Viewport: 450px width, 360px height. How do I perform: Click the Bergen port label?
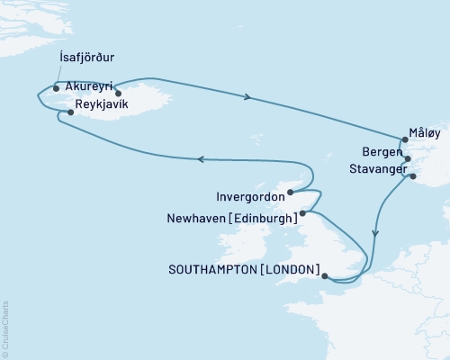point(381,153)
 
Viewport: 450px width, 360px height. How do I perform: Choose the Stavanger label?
point(373,168)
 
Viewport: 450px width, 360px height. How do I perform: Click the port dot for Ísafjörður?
point(57,88)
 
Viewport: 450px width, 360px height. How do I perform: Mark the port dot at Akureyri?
point(118,92)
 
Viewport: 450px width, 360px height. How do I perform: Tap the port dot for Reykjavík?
point(71,112)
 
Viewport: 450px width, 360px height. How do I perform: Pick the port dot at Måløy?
point(406,139)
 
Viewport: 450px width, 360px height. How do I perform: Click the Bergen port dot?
point(409,159)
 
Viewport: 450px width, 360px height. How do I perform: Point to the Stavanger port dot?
point(413,176)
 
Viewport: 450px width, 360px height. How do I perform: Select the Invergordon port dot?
point(290,192)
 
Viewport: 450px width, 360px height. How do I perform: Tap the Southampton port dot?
point(325,277)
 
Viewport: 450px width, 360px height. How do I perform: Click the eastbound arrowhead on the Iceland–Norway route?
point(247,95)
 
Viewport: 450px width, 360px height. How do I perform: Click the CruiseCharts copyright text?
point(5,328)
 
